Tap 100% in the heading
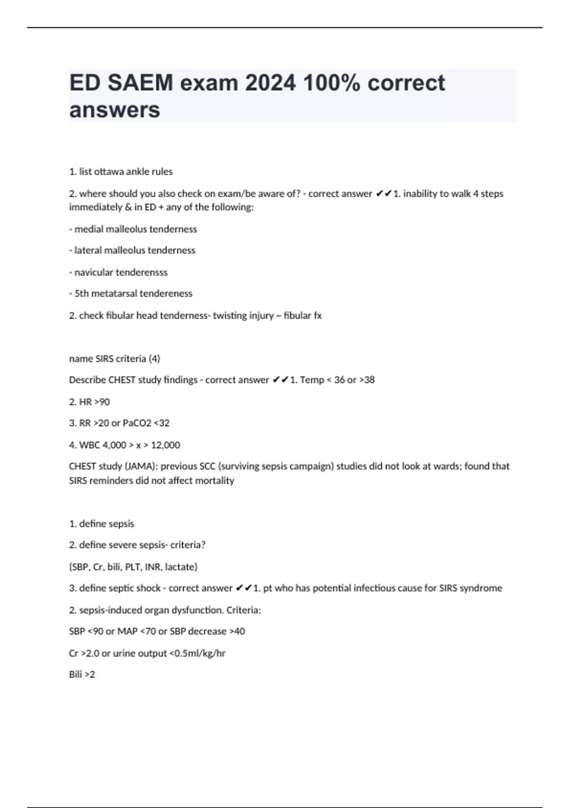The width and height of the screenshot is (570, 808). tap(332, 83)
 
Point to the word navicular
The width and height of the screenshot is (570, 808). tap(93, 272)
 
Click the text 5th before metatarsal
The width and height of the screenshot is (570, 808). tap(81, 294)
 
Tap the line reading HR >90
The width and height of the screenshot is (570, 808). tap(89, 402)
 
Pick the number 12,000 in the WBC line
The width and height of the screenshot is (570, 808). tap(165, 445)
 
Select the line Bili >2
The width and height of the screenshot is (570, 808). tap(82, 675)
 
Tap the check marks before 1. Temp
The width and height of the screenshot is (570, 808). tap(281, 380)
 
